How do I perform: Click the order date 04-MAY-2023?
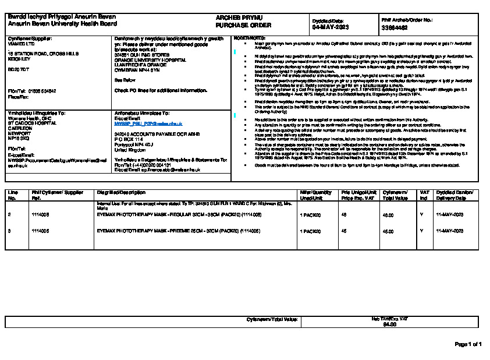tap(330, 27)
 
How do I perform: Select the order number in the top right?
tap(395, 27)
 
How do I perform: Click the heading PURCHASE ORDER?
tap(239, 26)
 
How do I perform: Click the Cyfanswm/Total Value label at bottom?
tap(272, 319)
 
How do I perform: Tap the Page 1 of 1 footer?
tap(467, 344)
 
